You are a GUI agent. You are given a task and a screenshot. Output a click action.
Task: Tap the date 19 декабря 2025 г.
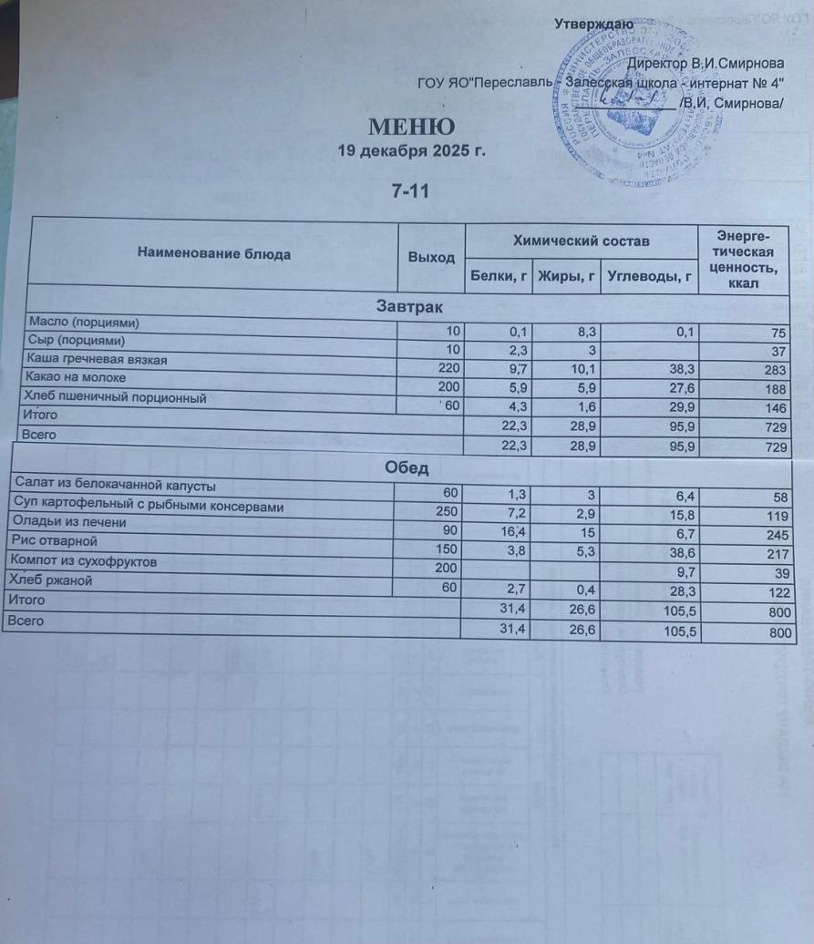[410, 150]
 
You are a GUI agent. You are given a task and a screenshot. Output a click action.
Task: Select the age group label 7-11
[410, 191]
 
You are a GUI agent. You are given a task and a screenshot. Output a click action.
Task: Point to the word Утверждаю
[594, 24]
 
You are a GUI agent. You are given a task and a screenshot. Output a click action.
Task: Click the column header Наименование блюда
[214, 253]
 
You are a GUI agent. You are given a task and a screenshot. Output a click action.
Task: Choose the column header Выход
[431, 257]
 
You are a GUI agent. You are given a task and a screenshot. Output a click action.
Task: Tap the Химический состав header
[581, 241]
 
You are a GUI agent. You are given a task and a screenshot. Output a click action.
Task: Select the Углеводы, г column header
[650, 274]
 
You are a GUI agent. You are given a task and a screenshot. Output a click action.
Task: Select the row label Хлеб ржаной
[50, 580]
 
